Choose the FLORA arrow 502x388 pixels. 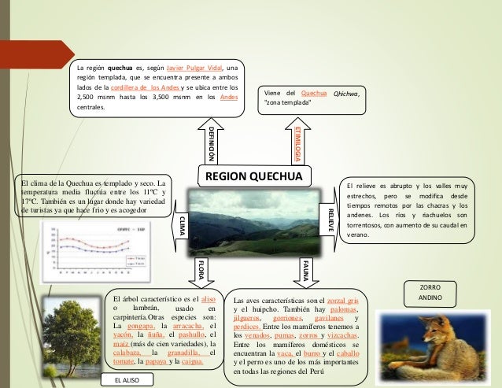(x=201, y=270)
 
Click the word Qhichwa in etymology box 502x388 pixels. (x=350, y=94)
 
